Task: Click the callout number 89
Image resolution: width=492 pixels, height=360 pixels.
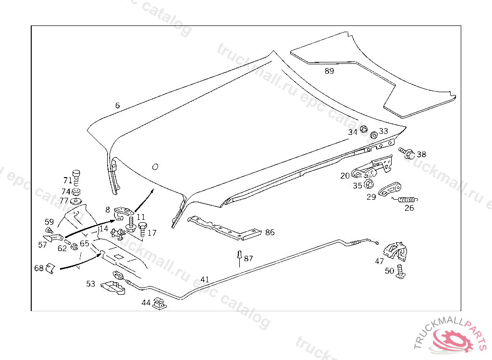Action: [x=329, y=71]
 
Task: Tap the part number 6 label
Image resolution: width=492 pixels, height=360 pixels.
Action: [x=117, y=106]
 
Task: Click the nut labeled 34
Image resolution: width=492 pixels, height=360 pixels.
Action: [x=364, y=129]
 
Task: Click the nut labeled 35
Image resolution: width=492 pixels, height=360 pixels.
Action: [x=369, y=185]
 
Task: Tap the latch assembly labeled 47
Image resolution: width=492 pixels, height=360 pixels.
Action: [x=395, y=250]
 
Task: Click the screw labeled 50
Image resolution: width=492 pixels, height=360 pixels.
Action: [x=402, y=272]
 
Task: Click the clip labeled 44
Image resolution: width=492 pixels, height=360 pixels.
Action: [x=158, y=304]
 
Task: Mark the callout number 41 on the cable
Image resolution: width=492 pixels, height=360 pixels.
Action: [x=205, y=279]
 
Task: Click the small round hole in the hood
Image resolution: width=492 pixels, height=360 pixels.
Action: [x=155, y=167]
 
